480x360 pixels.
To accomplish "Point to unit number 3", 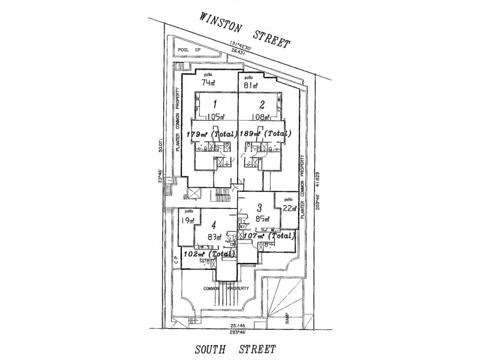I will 259,208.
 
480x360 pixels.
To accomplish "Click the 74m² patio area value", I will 208,83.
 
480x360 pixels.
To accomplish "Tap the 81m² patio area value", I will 251,85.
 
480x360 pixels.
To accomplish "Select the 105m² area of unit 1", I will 215,118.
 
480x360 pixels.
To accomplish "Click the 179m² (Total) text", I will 212,134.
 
